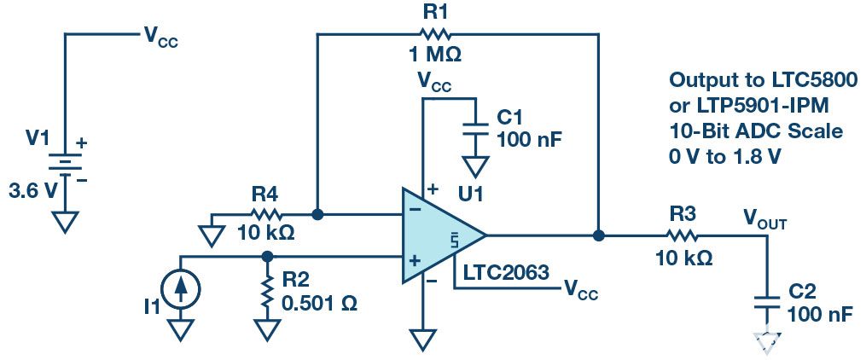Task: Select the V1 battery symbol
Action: click(x=67, y=168)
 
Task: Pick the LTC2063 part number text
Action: click(x=504, y=272)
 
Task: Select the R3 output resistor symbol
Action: click(x=683, y=235)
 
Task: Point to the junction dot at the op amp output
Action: click(x=600, y=235)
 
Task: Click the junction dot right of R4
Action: click(x=317, y=215)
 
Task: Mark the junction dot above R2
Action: click(x=268, y=255)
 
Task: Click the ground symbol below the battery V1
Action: click(x=67, y=223)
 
